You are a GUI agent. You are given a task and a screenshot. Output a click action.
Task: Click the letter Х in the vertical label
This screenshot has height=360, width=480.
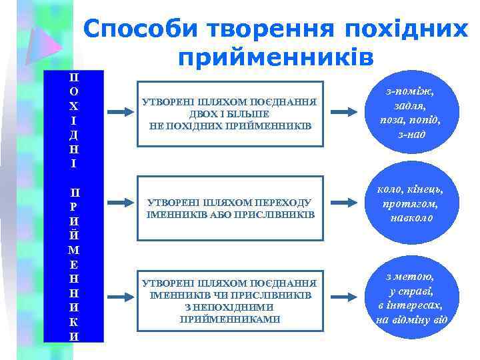pos(74,107)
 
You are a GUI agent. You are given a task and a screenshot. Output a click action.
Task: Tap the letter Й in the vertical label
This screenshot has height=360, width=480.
pos(74,235)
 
